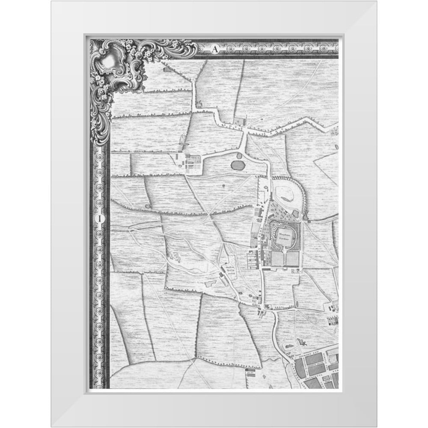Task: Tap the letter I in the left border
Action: (100, 218)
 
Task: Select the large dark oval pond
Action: (238, 164)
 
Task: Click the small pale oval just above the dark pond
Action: (238, 157)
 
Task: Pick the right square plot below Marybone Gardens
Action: (293, 259)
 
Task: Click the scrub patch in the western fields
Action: (175, 257)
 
